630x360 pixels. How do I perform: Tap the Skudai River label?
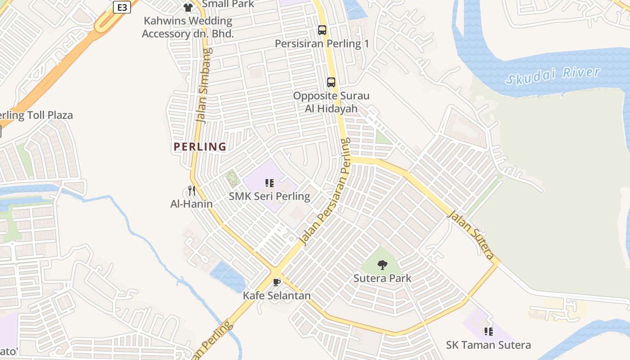[553, 75]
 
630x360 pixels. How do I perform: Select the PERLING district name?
[200, 147]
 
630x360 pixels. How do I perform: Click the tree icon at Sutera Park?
[382, 265]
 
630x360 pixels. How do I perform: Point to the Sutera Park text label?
[382, 278]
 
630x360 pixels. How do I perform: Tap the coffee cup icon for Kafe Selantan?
[277, 282]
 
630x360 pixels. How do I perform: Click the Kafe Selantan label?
[277, 296]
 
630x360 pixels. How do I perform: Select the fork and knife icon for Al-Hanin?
[192, 191]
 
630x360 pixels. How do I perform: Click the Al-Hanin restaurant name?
[191, 204]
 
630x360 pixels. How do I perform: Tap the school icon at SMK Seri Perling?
[270, 183]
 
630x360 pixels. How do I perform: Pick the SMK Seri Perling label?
[270, 196]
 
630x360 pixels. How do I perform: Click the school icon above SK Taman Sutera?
[488, 332]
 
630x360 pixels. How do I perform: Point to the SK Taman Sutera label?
[488, 345]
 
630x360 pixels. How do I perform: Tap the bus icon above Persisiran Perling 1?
[322, 30]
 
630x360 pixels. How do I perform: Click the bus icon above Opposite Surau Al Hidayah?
[331, 82]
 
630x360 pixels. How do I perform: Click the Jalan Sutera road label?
[470, 235]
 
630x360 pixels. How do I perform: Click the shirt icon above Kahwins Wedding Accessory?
[188, 7]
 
